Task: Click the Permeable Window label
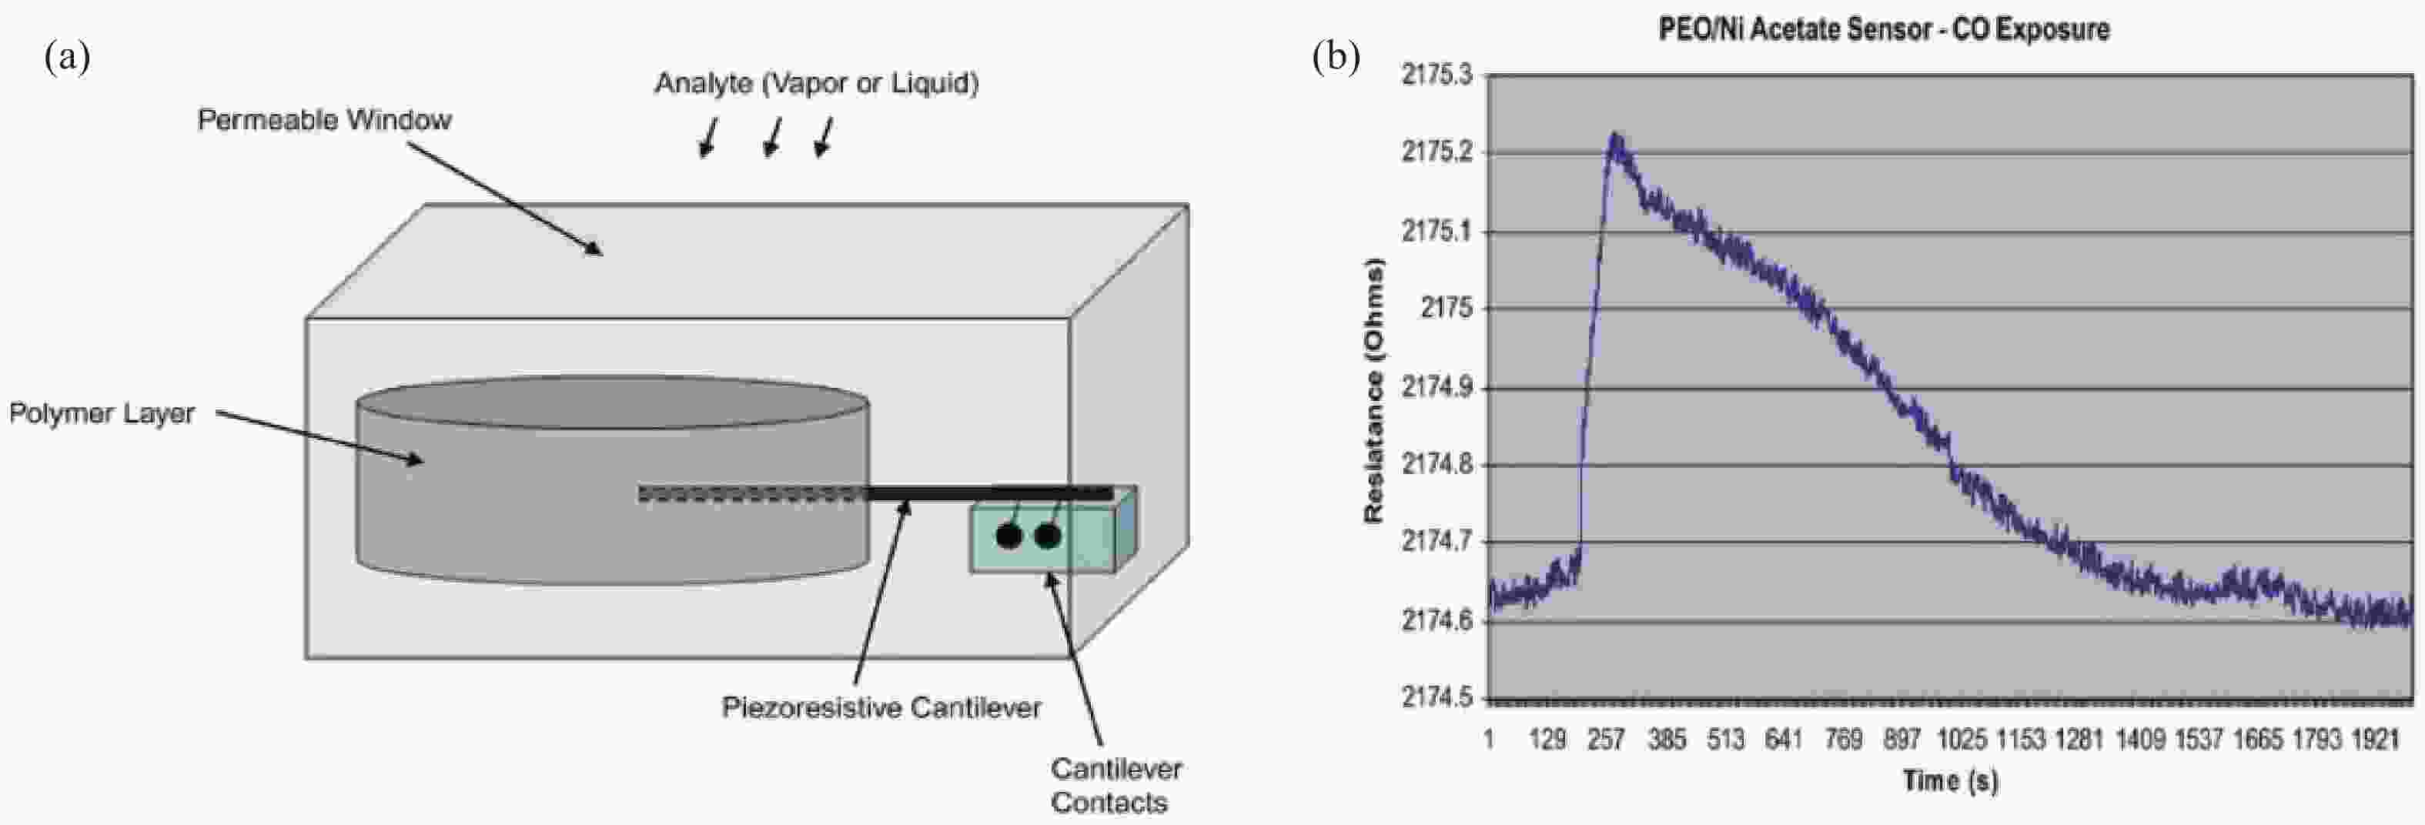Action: (x=324, y=120)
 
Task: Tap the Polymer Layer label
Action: (x=102, y=414)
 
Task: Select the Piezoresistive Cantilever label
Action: (x=881, y=707)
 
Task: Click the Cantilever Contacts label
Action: (x=1115, y=786)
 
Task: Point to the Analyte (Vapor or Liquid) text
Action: (x=816, y=84)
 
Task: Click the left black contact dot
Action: (x=1008, y=536)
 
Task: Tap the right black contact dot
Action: (x=1048, y=536)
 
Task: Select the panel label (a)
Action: (x=67, y=58)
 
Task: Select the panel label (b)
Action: (x=1336, y=58)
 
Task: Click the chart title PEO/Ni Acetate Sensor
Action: (x=1883, y=30)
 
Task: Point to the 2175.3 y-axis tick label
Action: (x=1437, y=75)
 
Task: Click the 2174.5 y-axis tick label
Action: (x=1437, y=697)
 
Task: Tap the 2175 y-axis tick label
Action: (x=1447, y=309)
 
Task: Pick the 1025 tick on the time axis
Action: (x=1961, y=740)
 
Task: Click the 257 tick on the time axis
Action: (x=1606, y=740)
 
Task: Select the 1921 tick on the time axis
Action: (x=2375, y=740)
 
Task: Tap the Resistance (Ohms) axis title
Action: (x=1373, y=390)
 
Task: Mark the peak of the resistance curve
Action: (x=1615, y=137)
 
